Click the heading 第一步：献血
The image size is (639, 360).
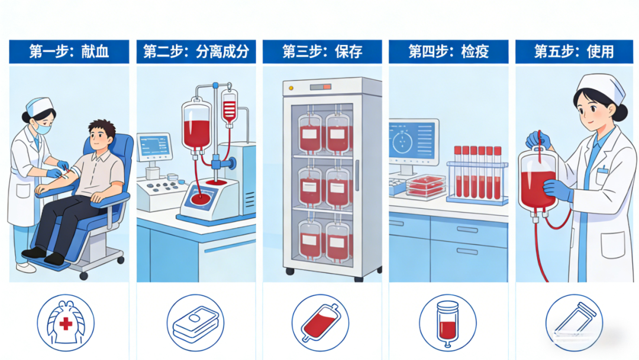coord(69,52)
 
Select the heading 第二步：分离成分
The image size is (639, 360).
coord(196,52)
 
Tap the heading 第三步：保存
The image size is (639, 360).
coord(322,52)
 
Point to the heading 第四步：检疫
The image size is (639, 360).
coord(448,52)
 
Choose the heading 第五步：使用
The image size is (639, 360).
coord(574,52)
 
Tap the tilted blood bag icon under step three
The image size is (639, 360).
coord(320,323)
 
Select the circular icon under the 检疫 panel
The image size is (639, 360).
coord(447,323)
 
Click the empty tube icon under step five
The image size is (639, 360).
coord(574,323)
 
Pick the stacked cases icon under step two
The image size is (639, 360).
coord(196,323)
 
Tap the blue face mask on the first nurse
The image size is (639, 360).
coord(43,128)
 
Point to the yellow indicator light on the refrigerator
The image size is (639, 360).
coord(291,88)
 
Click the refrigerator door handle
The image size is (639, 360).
coord(357,176)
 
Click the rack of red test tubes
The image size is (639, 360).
coord(477,175)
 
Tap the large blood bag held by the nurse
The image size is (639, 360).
coord(538,179)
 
